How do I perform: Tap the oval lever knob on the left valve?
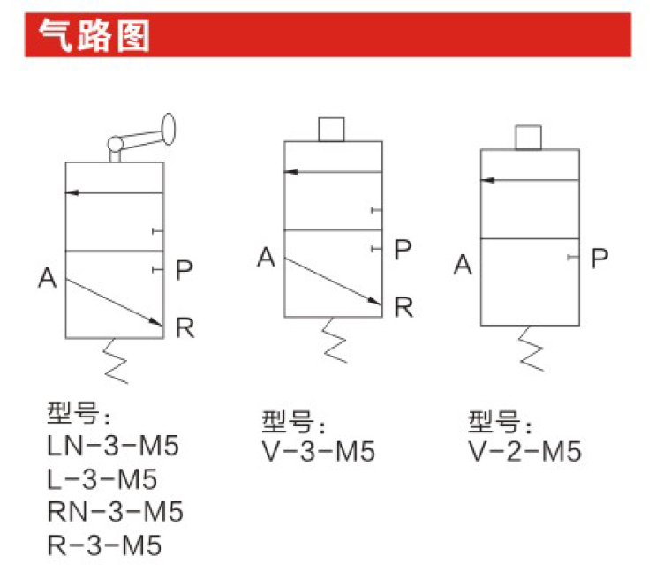[x=168, y=130]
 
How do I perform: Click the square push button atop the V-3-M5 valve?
[x=331, y=129]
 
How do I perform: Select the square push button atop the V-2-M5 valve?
[x=527, y=137]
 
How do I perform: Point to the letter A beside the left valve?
[x=48, y=278]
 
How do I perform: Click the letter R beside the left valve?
[x=185, y=327]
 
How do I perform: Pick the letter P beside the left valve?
[x=184, y=269]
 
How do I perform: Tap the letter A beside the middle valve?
[x=267, y=258]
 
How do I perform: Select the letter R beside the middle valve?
[x=403, y=306]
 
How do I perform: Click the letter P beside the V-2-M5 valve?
[x=599, y=258]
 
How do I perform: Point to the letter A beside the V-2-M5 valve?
[x=463, y=264]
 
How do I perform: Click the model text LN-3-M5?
[x=112, y=446]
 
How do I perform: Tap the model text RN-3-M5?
[x=115, y=512]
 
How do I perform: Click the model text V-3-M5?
[x=319, y=452]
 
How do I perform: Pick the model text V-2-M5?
[x=524, y=452]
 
